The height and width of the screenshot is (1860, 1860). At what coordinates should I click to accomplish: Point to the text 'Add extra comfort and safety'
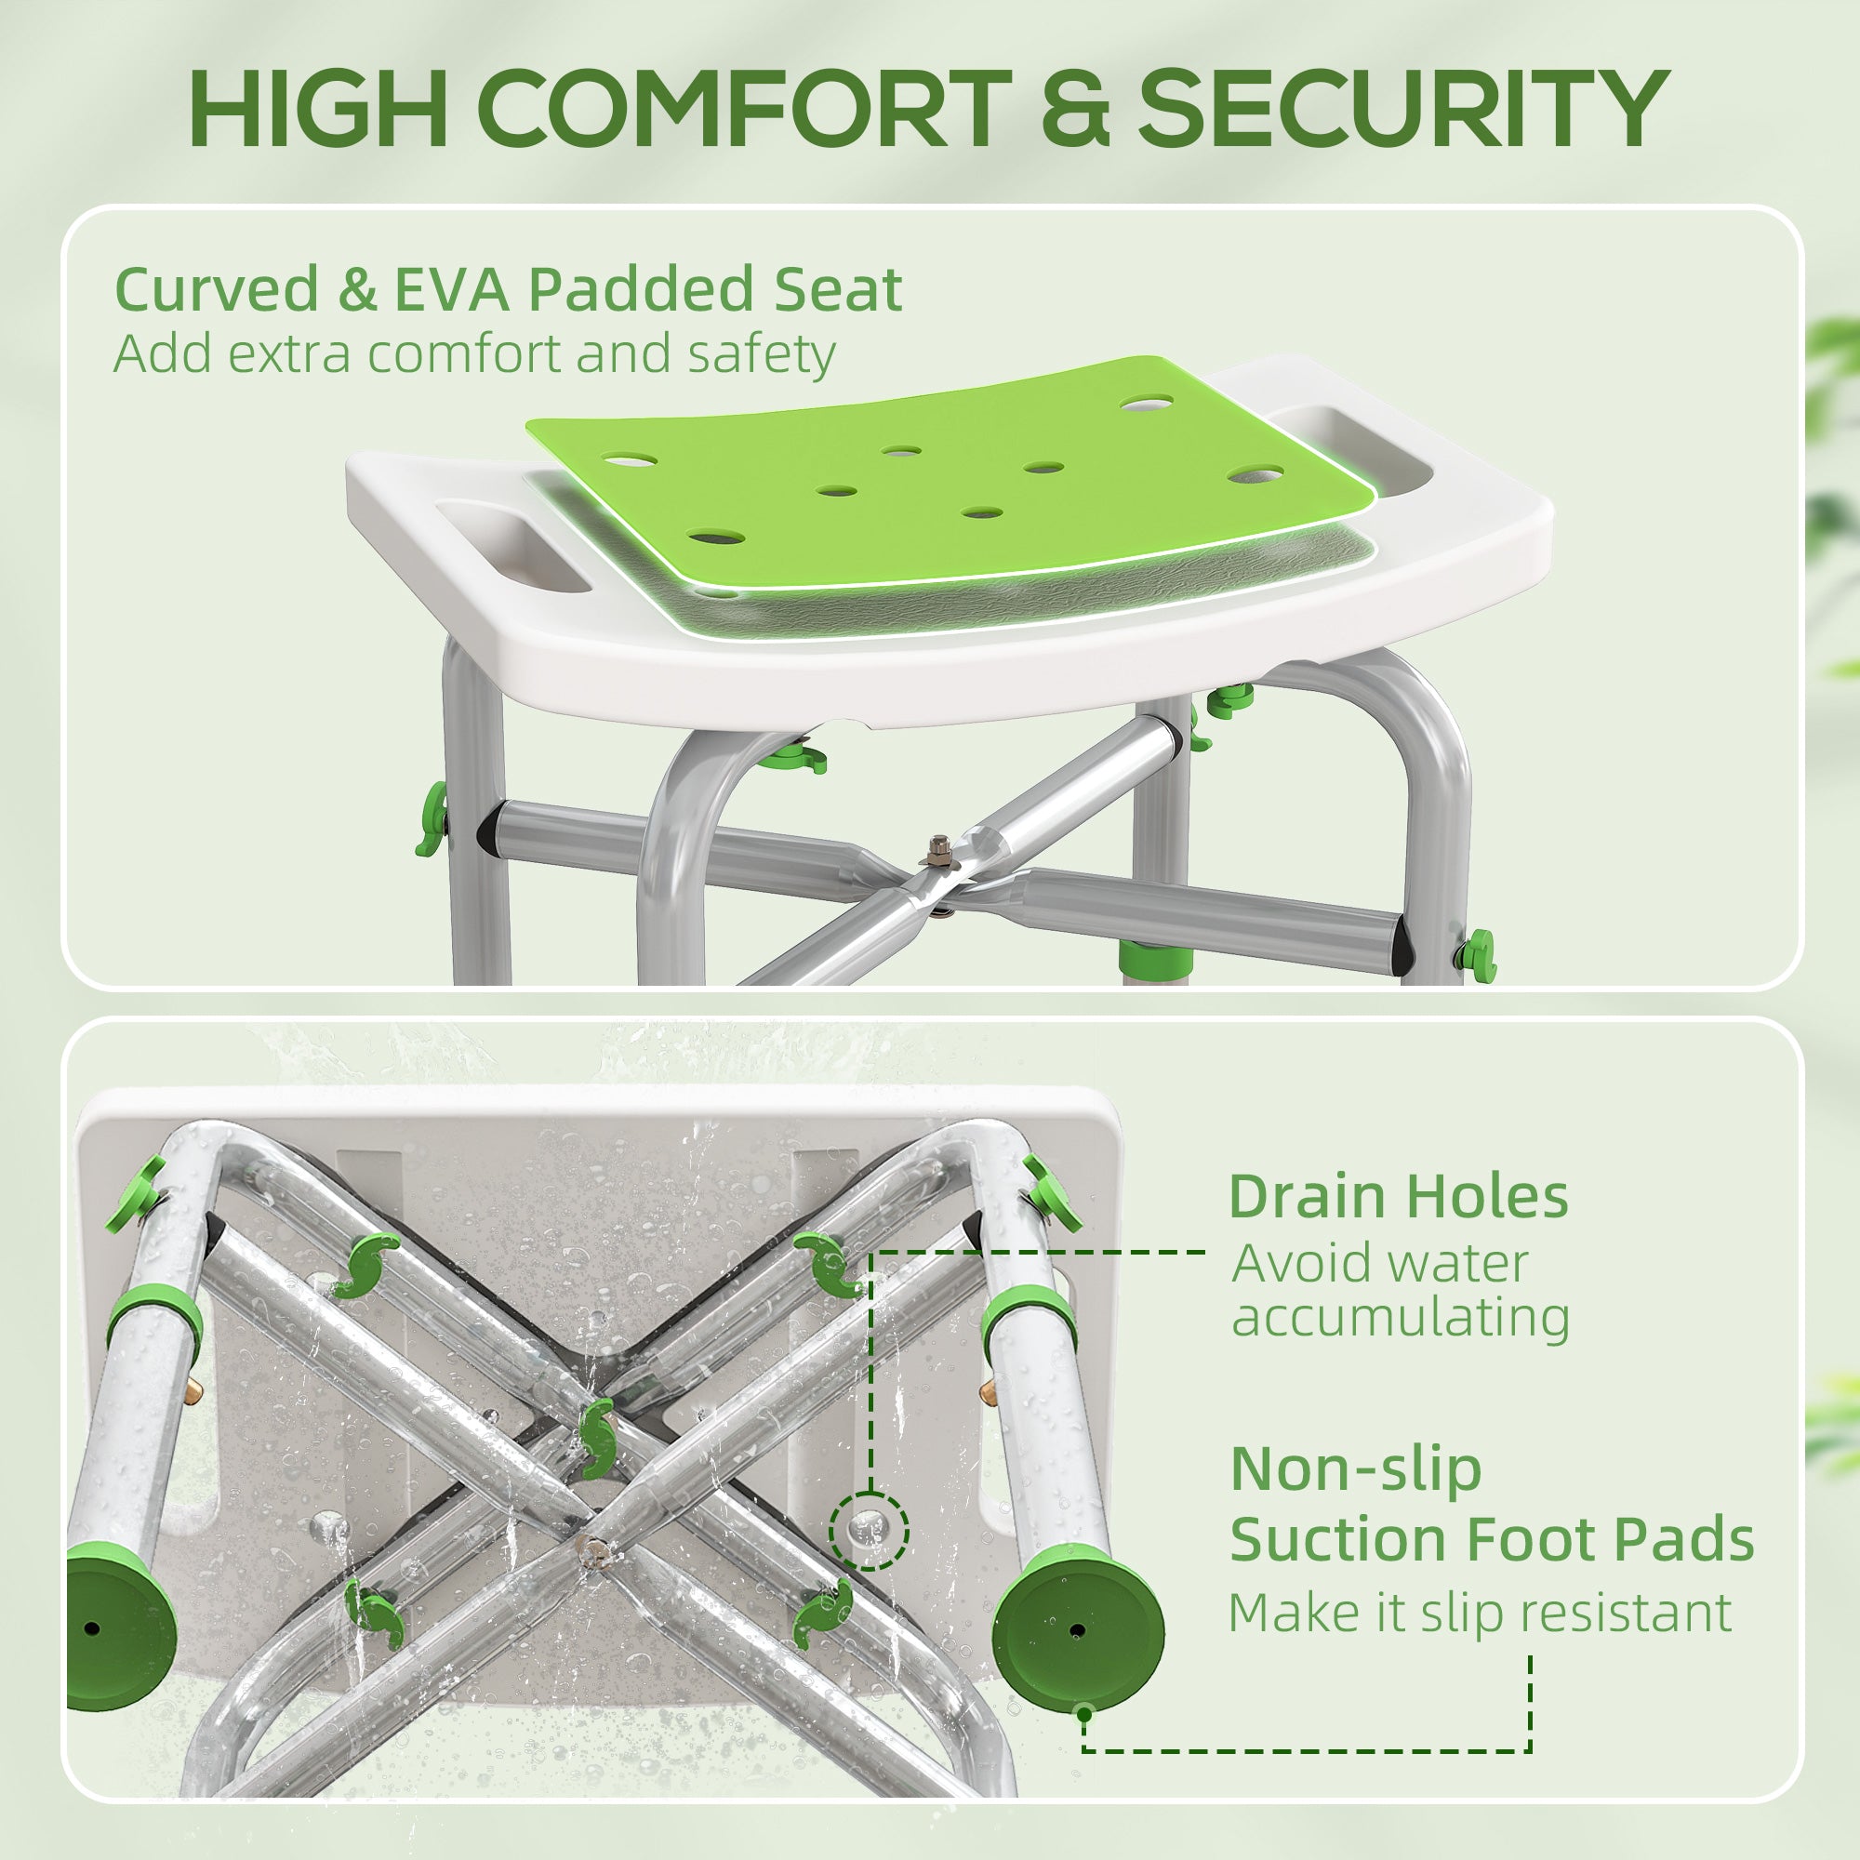(x=473, y=354)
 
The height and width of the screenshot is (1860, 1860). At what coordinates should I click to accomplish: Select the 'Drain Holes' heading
(x=1398, y=1197)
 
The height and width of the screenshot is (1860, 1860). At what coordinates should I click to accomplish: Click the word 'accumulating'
(x=1401, y=1317)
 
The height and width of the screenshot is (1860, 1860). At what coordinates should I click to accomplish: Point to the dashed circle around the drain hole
(x=870, y=1530)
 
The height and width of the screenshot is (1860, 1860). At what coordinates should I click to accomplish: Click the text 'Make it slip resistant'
(x=1480, y=1613)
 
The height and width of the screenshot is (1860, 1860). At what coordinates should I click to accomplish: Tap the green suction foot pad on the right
(x=1078, y=1629)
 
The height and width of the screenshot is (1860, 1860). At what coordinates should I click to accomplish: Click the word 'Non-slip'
(x=1356, y=1469)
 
